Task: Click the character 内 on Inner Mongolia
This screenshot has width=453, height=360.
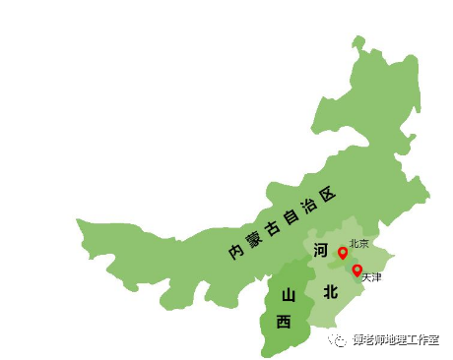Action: tap(235, 253)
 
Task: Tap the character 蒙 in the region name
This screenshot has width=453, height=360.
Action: tap(252, 239)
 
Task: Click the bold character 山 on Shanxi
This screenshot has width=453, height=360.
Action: tap(288, 295)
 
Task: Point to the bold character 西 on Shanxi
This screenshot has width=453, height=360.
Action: tap(284, 321)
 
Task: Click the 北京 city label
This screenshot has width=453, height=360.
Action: tap(359, 243)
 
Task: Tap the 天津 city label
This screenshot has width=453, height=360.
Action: tap(370, 278)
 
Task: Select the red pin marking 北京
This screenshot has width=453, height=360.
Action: tap(343, 253)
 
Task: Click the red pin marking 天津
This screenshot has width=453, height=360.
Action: tap(356, 270)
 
